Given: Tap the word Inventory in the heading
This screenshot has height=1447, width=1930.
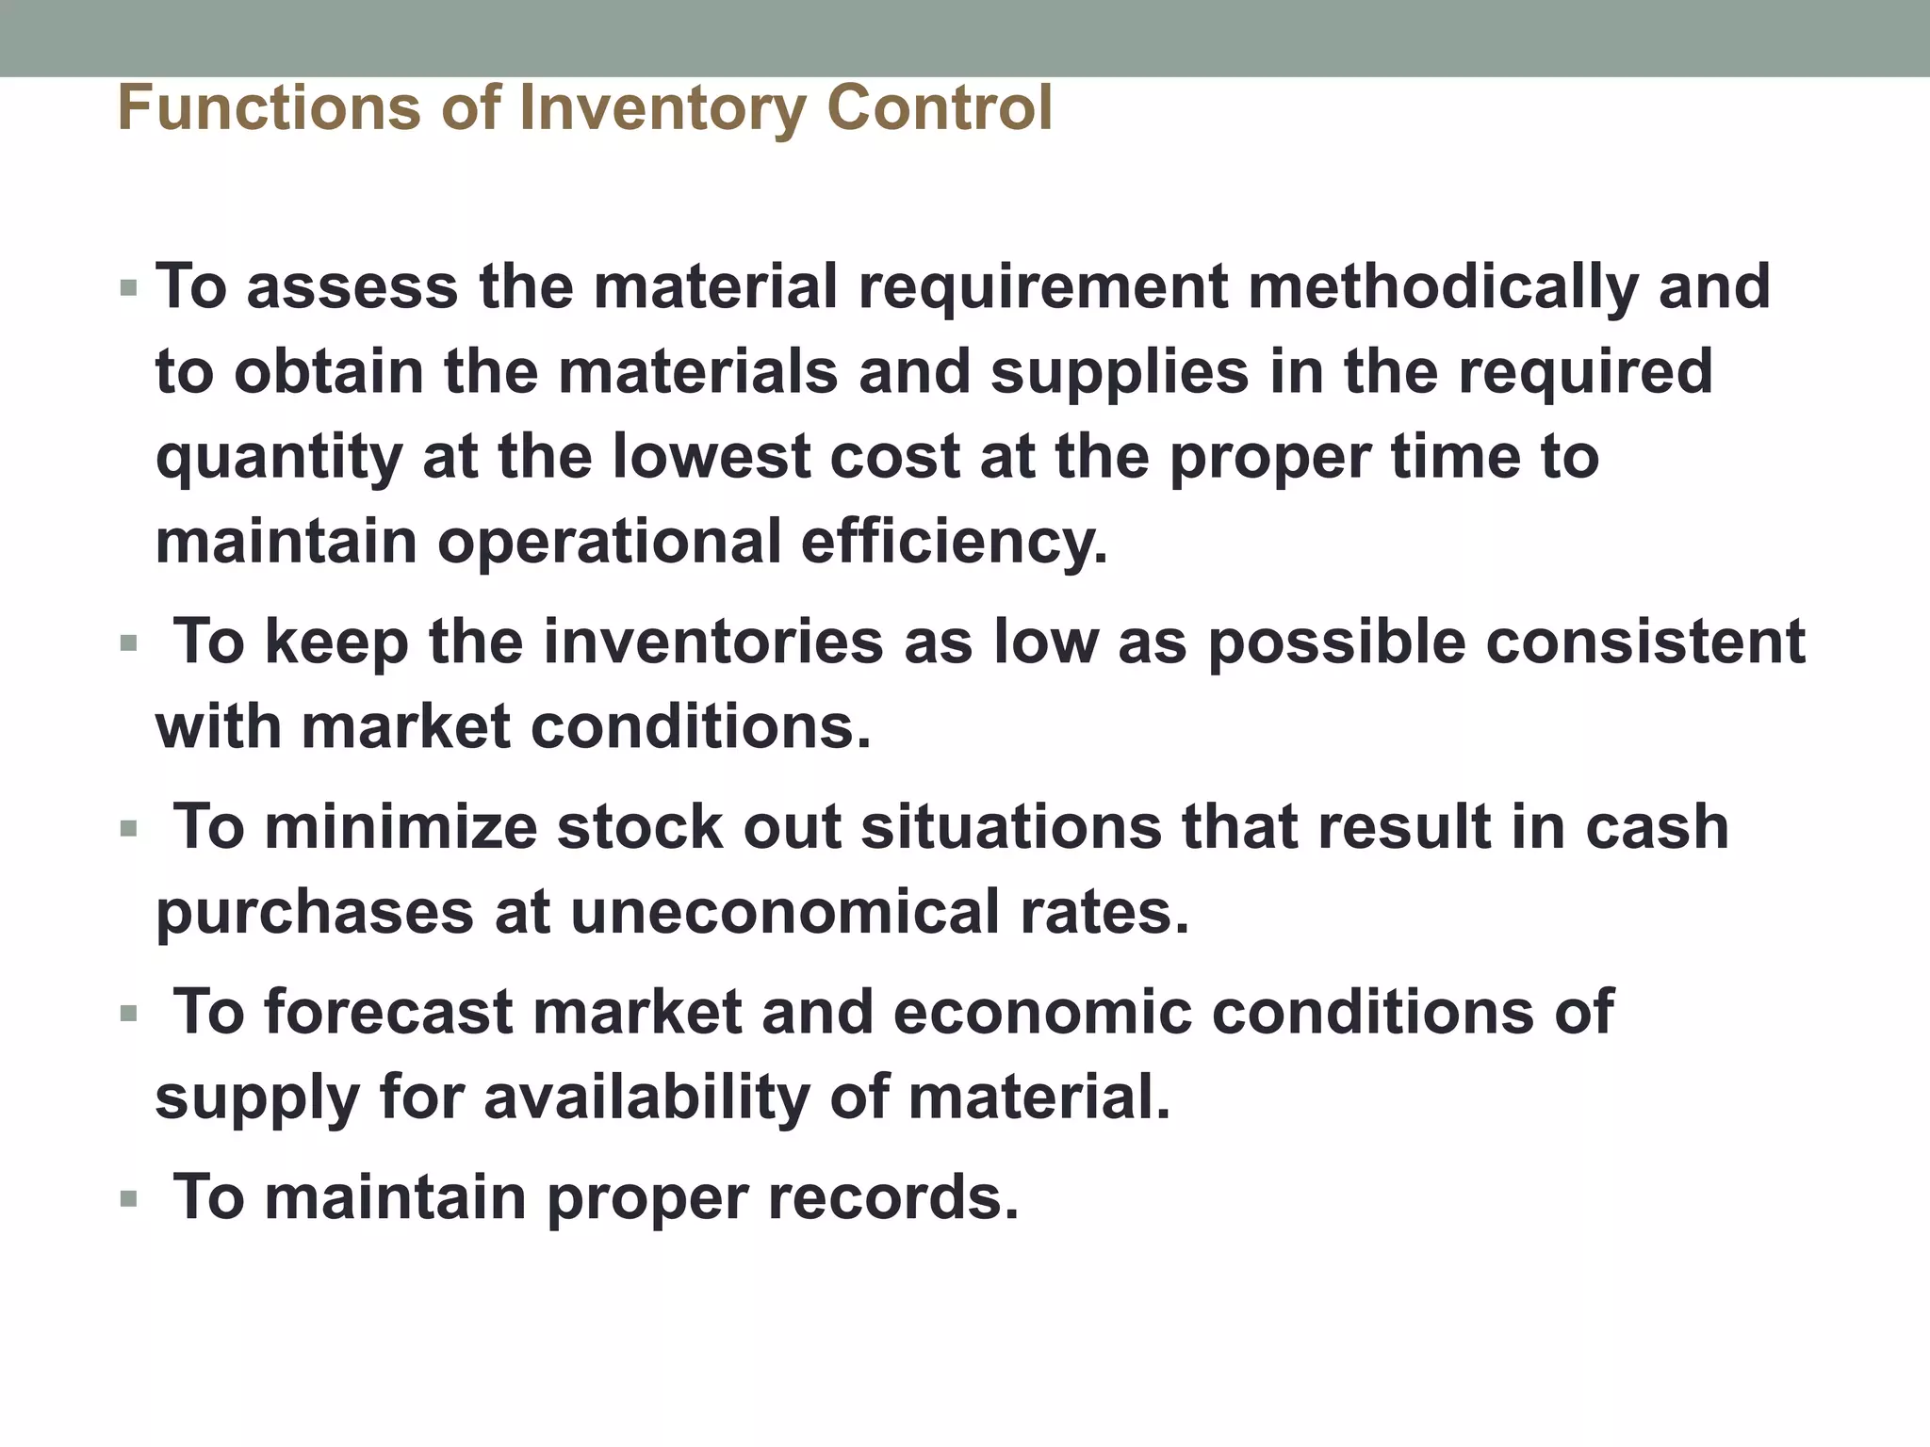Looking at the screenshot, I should coord(662,108).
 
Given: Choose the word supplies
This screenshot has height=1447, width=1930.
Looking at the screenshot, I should coord(1120,371).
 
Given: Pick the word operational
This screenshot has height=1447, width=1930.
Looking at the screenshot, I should coord(609,543).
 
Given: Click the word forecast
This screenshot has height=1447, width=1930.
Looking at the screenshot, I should coord(388,1013).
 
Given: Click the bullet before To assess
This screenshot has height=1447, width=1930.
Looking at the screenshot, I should coord(129,288).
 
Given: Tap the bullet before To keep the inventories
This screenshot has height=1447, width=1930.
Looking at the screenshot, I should coord(129,645).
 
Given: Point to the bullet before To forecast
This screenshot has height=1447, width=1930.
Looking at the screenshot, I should coord(129,1016).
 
